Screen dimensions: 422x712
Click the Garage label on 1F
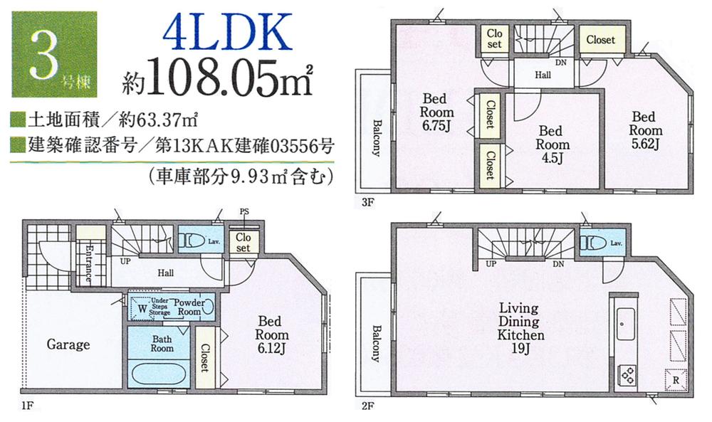pyautogui.click(x=68, y=344)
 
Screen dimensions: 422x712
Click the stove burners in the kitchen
pyautogui.click(x=627, y=372)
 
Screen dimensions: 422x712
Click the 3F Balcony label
pyautogui.click(x=376, y=134)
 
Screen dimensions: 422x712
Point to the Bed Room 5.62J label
pyautogui.click(x=645, y=130)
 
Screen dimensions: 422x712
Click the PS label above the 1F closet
pyautogui.click(x=244, y=211)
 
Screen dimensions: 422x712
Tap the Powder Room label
pyautogui.click(x=189, y=307)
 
